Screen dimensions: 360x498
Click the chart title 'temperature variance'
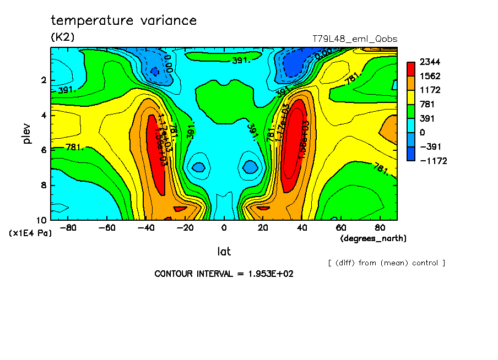click(x=123, y=21)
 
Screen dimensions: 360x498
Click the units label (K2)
click(x=63, y=37)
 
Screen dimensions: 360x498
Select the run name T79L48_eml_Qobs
click(x=354, y=39)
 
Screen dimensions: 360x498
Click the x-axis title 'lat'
click(x=224, y=252)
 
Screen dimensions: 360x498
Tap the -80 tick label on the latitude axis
click(x=68, y=227)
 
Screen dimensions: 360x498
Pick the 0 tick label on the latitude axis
click(x=224, y=227)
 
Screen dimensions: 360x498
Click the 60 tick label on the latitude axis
click(x=340, y=227)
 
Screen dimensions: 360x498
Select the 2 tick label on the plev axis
click(x=43, y=80)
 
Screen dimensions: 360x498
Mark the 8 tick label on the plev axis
click(x=43, y=186)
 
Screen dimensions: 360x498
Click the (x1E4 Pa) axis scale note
click(x=30, y=233)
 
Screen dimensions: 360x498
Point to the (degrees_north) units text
click(x=373, y=238)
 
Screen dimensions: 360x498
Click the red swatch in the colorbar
click(x=411, y=68)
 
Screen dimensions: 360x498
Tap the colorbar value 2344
click(x=429, y=62)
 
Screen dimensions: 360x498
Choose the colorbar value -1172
click(x=432, y=161)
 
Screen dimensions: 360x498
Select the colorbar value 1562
click(x=429, y=76)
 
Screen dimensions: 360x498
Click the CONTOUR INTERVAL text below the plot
click(x=224, y=274)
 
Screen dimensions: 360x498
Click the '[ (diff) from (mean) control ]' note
click(x=386, y=263)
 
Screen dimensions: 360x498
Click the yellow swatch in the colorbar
click(x=411, y=97)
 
